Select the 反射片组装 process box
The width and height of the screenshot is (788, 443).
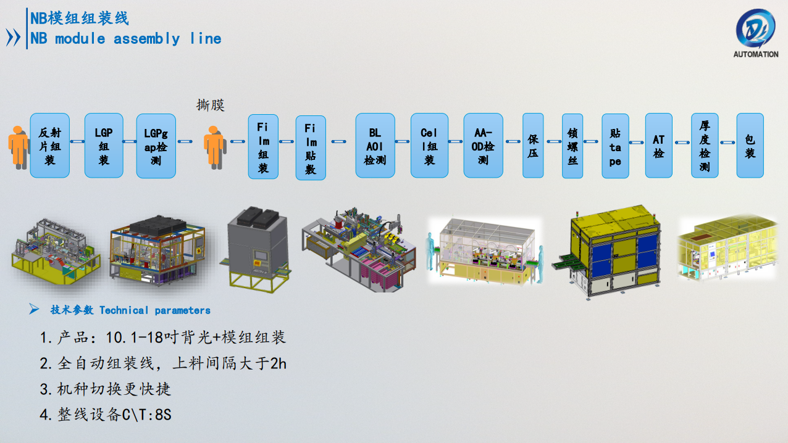click(50, 146)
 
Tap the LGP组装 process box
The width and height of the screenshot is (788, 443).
click(104, 146)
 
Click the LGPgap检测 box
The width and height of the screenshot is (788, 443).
click(156, 146)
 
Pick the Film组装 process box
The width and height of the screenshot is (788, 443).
click(263, 147)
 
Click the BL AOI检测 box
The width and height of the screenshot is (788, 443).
click(375, 146)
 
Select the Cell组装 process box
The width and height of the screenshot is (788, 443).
click(429, 146)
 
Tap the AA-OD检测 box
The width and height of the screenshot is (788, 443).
click(484, 146)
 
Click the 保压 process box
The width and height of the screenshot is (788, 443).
click(533, 146)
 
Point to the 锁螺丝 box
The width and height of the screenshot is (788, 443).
click(572, 146)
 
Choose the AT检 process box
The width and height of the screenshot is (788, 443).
click(659, 146)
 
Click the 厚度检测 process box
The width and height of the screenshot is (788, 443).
click(705, 146)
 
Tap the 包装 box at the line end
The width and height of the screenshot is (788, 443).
click(750, 146)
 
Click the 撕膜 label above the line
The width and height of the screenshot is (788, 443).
click(210, 106)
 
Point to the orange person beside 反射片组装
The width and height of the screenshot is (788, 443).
click(19, 147)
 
